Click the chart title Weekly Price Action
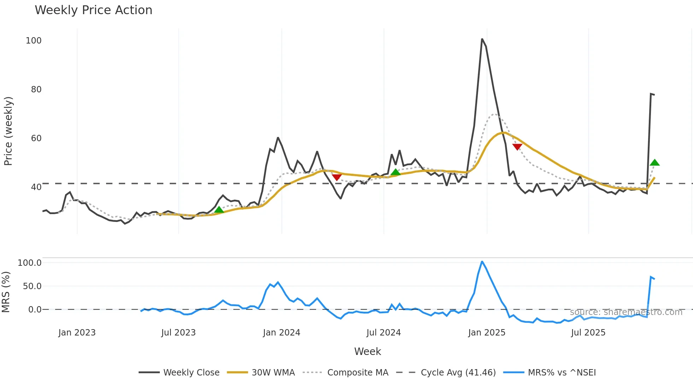coord(93,10)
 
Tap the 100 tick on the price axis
coord(34,41)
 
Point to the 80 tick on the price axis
coord(36,90)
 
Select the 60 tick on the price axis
coord(36,138)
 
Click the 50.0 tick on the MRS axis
coord(32,286)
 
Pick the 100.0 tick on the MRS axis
coord(30,263)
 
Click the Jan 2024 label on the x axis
coord(281,333)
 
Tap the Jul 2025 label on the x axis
coord(588,333)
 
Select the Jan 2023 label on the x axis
coord(77,333)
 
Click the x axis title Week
coord(367,351)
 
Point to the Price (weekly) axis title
coord(8,131)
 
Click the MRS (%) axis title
coord(6,292)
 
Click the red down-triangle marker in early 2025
coord(517,147)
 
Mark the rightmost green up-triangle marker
coord(654,163)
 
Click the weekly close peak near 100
coord(482,39)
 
